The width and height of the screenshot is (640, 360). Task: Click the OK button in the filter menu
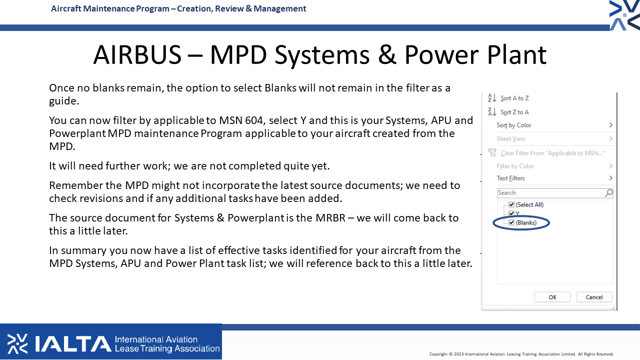(552, 297)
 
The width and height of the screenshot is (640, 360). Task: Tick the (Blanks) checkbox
(511, 222)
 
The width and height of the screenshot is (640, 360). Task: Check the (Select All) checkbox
(511, 204)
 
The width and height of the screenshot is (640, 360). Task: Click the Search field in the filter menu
(550, 193)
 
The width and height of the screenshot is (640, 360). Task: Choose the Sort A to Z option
(514, 98)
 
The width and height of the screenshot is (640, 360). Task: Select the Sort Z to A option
(514, 112)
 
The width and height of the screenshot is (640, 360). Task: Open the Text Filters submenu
(510, 178)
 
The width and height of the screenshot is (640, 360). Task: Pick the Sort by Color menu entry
(513, 125)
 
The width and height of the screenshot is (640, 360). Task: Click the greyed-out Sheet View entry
(511, 139)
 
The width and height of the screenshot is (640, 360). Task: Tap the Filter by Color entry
(515, 166)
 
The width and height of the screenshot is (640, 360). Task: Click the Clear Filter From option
(552, 153)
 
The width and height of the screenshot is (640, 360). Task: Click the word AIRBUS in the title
(137, 54)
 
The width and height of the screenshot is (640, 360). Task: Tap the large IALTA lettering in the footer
(73, 343)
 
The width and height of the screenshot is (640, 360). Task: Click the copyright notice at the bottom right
(521, 354)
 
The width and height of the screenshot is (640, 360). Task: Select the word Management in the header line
(279, 8)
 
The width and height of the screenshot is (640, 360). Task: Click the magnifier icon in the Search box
(609, 193)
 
